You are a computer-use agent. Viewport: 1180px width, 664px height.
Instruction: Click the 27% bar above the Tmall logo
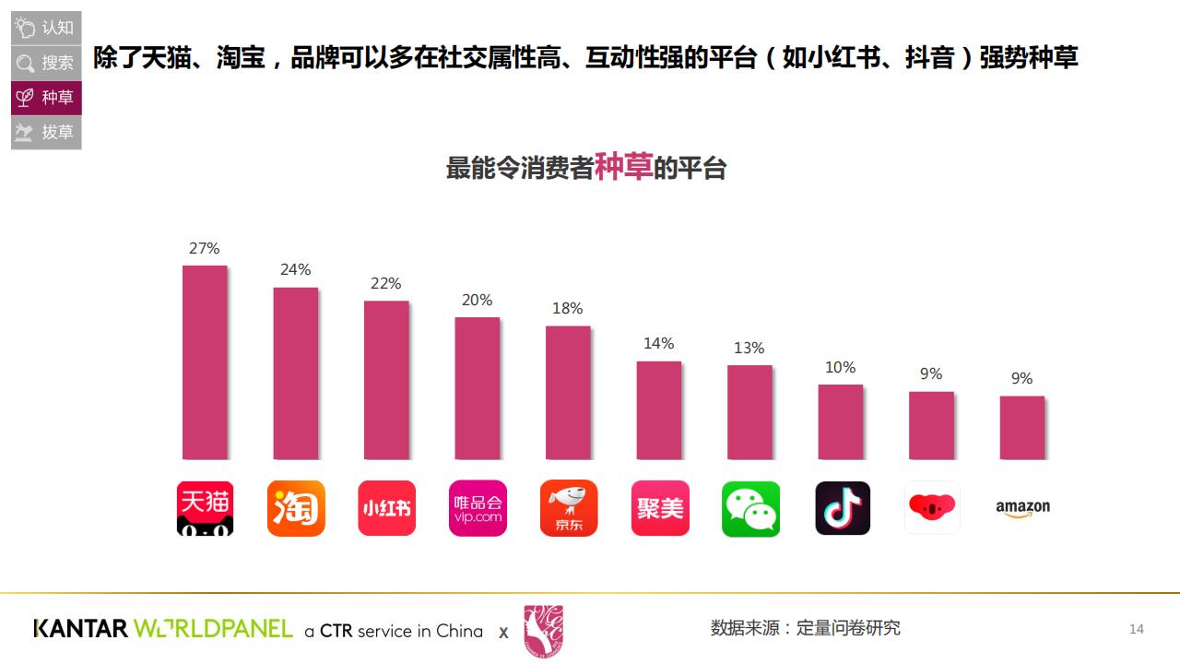[205, 362]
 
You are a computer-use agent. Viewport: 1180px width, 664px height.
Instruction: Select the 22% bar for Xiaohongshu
[386, 379]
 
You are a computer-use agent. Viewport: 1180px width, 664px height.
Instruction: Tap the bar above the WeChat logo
[749, 411]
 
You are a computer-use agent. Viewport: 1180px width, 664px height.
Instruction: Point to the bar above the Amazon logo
[1022, 427]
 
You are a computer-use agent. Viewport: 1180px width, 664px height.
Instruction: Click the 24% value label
[296, 269]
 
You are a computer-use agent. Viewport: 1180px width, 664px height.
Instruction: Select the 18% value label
[568, 308]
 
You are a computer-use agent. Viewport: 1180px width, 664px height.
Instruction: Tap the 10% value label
[840, 367]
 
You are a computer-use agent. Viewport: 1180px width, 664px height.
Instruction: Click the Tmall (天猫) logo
[205, 507]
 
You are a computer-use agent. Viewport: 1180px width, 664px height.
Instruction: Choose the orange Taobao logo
[296, 507]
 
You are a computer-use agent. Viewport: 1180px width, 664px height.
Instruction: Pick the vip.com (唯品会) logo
[478, 507]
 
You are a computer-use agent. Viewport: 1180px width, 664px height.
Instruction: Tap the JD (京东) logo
[568, 507]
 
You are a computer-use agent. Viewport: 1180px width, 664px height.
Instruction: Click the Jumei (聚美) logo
[659, 507]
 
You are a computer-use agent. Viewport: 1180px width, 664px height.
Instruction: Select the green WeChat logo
[750, 508]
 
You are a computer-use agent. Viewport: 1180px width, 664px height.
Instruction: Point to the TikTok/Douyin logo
[842, 507]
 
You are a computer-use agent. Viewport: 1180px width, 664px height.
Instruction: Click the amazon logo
[1022, 508]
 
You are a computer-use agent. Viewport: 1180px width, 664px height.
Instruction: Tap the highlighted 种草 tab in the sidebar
[46, 98]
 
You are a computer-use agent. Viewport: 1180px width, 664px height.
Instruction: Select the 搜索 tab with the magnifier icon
[46, 63]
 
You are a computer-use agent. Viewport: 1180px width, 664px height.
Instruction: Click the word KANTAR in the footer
[80, 629]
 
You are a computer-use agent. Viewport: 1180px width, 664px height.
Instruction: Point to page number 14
[1137, 629]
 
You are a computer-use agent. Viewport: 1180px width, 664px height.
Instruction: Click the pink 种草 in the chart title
[623, 166]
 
